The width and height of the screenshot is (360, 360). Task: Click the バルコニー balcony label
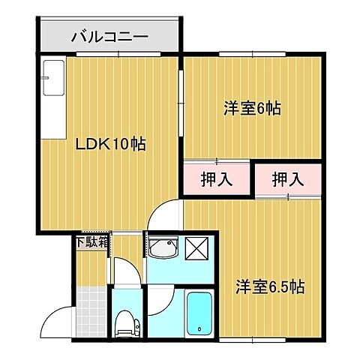pyautogui.click(x=110, y=35)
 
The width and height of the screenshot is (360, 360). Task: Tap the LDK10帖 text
pyautogui.click(x=108, y=143)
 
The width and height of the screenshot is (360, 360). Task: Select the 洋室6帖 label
pyautogui.click(x=251, y=109)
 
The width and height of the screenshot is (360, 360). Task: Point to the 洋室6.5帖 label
pyautogui.click(x=270, y=286)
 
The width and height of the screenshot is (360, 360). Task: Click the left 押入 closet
pyautogui.click(x=216, y=180)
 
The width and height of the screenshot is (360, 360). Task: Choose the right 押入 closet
pyautogui.click(x=288, y=180)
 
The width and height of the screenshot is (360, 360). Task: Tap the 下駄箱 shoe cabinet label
pyautogui.click(x=92, y=242)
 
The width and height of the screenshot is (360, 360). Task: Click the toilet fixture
pyautogui.click(x=127, y=322)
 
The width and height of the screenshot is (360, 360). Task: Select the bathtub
pyautogui.click(x=199, y=313)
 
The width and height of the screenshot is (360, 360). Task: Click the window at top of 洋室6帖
pyautogui.click(x=252, y=54)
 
